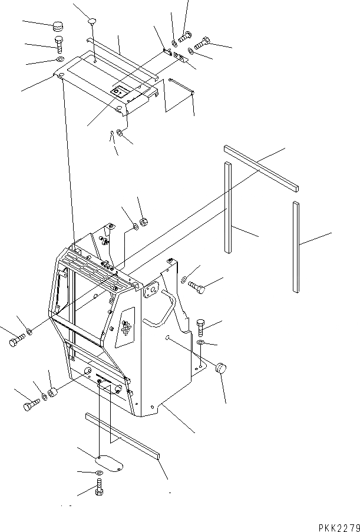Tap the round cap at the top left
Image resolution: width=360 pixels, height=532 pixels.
[57, 27]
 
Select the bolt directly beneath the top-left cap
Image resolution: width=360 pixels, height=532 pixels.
[58, 44]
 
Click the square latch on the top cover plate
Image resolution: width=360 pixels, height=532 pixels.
[120, 93]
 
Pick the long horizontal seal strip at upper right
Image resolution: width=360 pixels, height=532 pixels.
[262, 168]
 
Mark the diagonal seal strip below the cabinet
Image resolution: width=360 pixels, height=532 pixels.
[123, 435]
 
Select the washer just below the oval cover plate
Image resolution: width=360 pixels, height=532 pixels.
[97, 473]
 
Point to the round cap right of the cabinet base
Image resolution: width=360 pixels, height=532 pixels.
[221, 368]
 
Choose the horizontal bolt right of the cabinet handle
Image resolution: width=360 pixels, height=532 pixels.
[199, 288]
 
